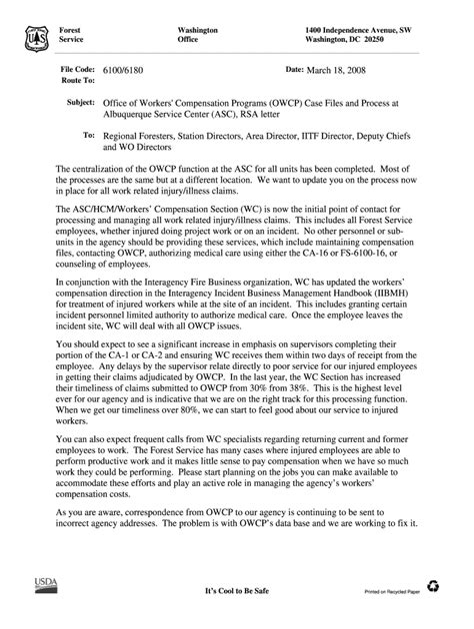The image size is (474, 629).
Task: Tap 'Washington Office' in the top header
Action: click(x=197, y=36)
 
